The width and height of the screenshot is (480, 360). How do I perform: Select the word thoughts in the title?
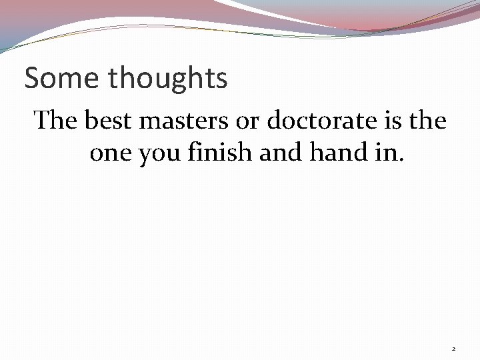tap(167, 79)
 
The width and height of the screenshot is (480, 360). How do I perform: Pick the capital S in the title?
tap(31, 79)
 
